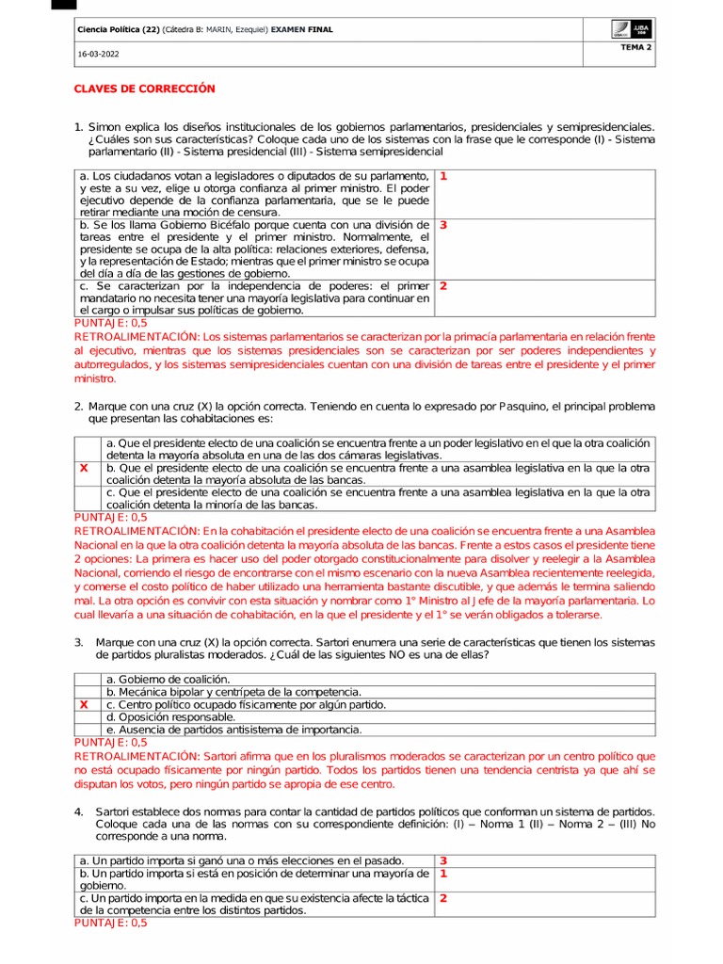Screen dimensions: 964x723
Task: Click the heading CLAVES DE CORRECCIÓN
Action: (145, 88)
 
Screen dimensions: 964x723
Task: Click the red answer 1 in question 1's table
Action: (443, 176)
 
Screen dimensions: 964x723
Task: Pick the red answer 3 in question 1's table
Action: (443, 225)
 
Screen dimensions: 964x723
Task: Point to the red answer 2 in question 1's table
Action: (443, 285)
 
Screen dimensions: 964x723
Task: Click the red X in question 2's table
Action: (84, 467)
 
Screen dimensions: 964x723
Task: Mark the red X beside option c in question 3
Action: (84, 704)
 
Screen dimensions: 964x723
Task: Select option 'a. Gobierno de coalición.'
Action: (168, 679)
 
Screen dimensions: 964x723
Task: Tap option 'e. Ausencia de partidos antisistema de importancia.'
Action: (233, 729)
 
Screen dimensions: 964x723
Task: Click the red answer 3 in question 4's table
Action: (443, 860)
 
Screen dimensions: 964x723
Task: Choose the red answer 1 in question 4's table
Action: (443, 873)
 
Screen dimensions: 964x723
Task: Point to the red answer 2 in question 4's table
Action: (443, 898)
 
